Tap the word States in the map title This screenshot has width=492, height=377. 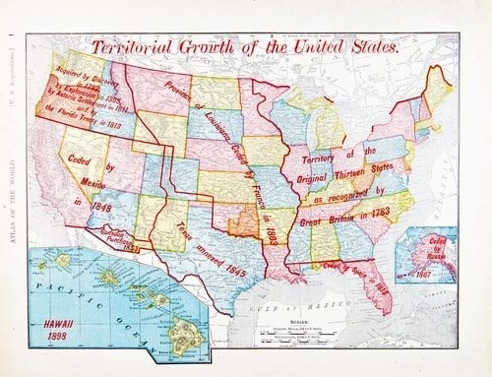(370, 45)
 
